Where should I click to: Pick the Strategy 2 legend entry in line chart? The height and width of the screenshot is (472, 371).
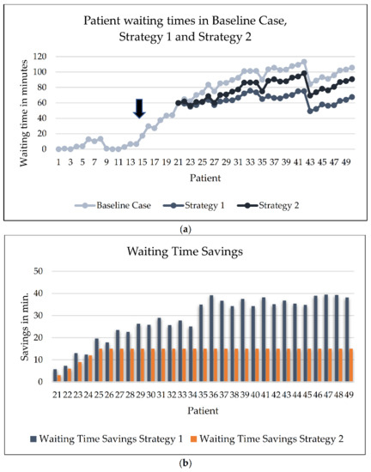(277, 205)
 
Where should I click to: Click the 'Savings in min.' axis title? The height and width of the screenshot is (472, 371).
(20, 327)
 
